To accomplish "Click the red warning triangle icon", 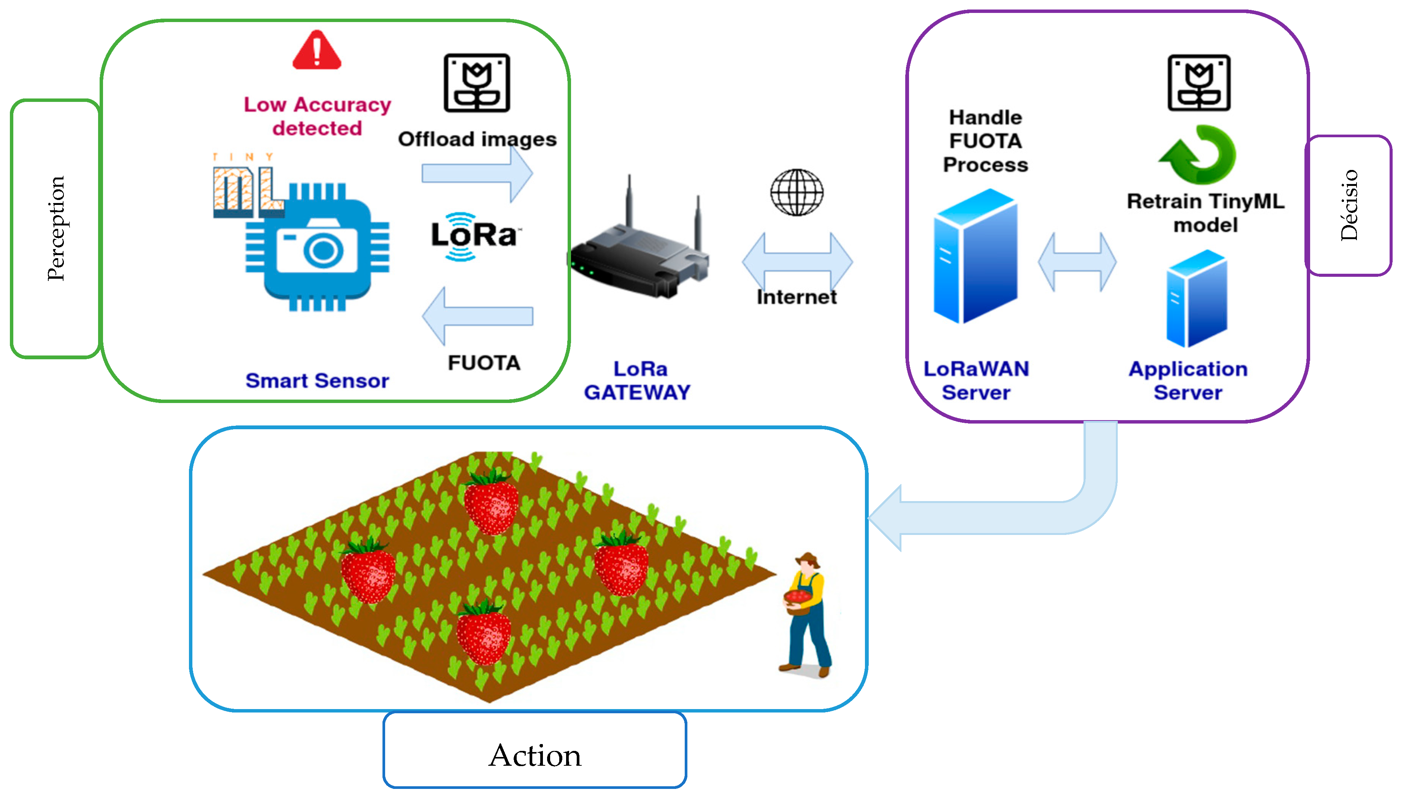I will (317, 51).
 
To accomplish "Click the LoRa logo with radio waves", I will (473, 236).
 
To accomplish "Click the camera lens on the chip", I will (324, 251).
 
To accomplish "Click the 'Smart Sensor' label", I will (317, 381).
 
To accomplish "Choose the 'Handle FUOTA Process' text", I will (985, 141).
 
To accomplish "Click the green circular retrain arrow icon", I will (1198, 154).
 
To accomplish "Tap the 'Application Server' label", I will (1188, 381).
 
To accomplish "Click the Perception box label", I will (56, 228).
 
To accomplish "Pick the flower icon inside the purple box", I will (1199, 83).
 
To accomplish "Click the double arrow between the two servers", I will (1077, 262).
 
